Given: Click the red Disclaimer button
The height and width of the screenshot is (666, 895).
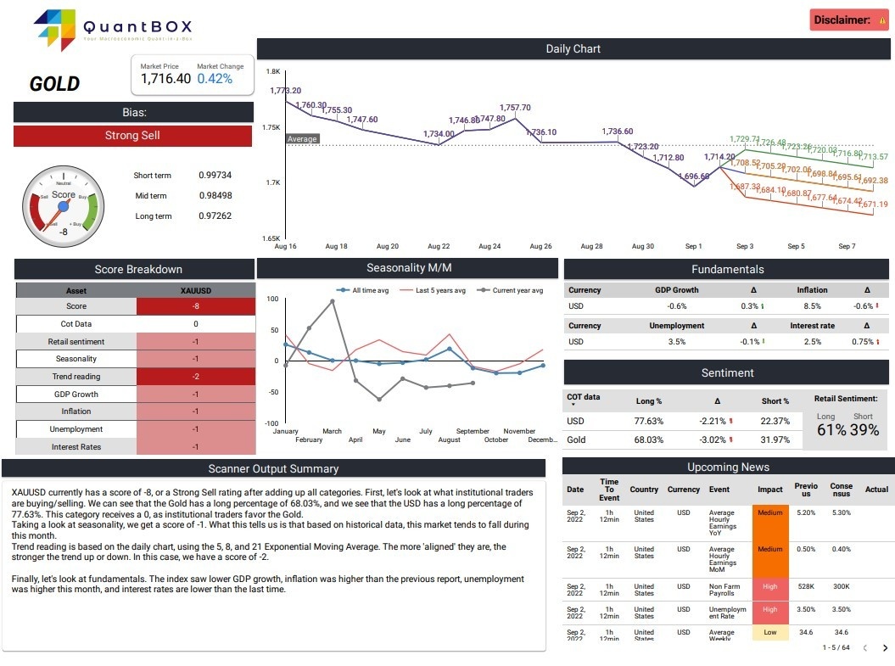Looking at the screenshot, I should pos(849,20).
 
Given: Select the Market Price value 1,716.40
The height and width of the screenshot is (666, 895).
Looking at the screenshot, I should pos(165,79).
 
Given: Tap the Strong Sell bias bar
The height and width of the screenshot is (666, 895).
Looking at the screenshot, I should pos(132,136).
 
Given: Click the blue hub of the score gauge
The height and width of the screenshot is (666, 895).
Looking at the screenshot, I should pos(63,206).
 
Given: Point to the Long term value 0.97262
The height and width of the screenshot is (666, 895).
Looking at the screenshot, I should pos(215,216).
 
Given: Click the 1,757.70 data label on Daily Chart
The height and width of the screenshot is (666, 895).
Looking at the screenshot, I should pos(515,108).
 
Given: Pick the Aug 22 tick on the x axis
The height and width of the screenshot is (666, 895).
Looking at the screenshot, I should pos(439,247).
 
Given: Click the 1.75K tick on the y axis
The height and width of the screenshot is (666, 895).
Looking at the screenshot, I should pos(271,127).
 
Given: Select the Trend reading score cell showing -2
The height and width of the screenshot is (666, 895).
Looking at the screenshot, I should pos(195,377).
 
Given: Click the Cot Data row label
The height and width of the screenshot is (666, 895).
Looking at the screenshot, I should pos(76,324).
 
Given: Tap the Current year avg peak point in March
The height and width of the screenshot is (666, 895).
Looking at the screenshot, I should pos(332,301).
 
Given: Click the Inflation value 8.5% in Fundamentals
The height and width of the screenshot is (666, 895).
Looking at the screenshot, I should pos(812,306).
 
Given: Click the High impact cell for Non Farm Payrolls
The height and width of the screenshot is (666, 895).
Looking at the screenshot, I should pos(769,586).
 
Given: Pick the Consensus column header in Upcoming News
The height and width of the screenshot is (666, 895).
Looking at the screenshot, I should pos(841,490).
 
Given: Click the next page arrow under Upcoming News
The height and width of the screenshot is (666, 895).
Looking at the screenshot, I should pos(885,648).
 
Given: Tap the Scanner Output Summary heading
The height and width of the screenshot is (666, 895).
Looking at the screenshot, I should pos(273,468).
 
